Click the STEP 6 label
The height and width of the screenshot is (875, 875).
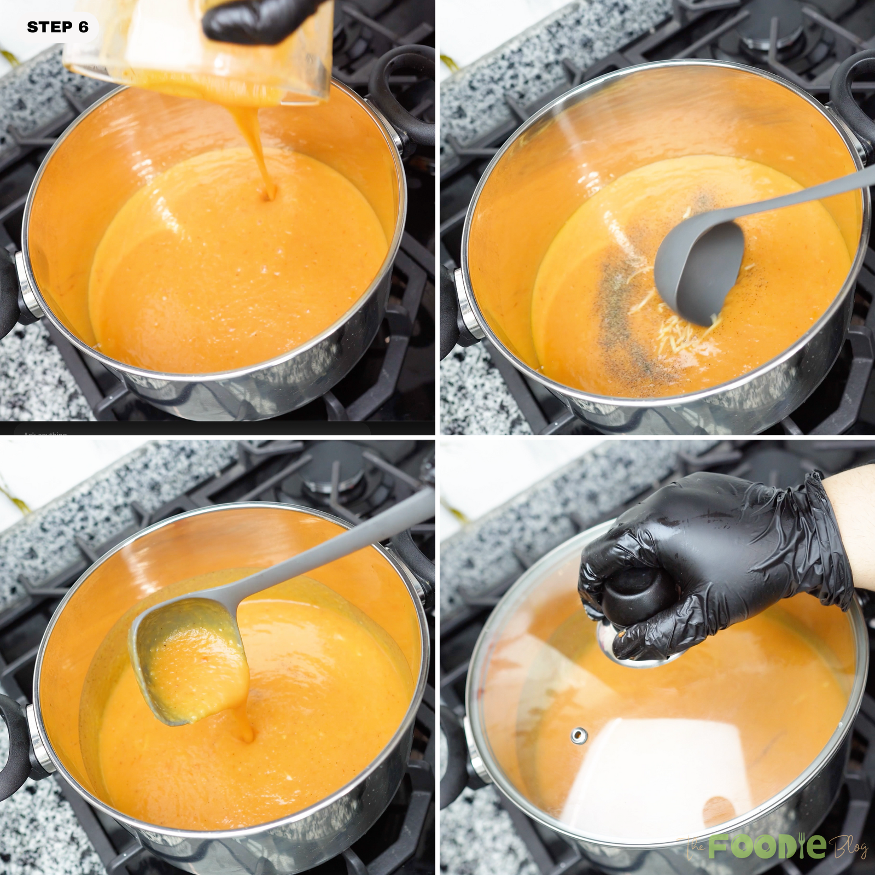[57, 27]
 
